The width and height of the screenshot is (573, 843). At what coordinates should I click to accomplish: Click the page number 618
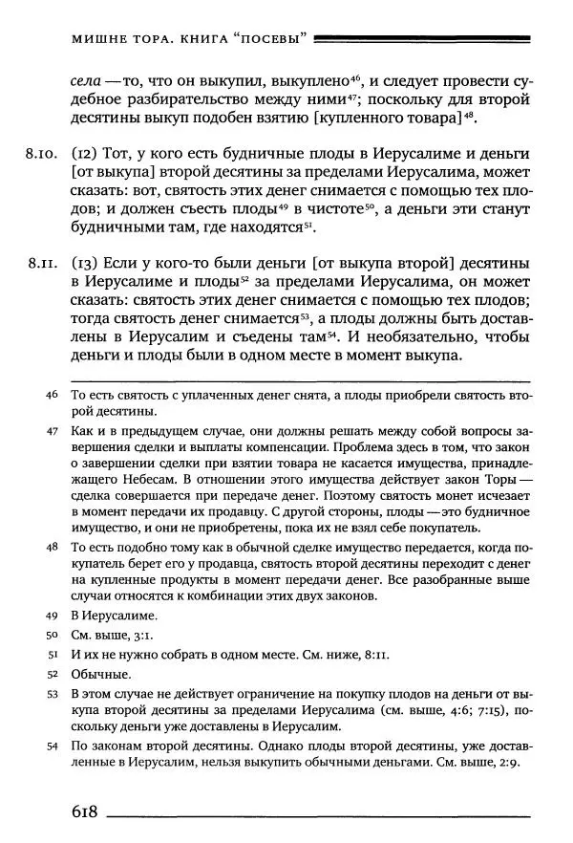tap(84, 811)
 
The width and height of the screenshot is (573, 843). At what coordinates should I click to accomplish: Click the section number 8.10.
tap(44, 153)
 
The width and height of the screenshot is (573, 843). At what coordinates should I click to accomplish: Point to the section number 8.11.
tap(44, 261)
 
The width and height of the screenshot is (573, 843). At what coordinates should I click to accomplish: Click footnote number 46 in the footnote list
tap(52, 395)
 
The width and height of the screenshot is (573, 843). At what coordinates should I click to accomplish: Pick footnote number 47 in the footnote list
tap(52, 432)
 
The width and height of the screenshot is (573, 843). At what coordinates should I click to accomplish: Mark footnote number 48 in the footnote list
tap(52, 548)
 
